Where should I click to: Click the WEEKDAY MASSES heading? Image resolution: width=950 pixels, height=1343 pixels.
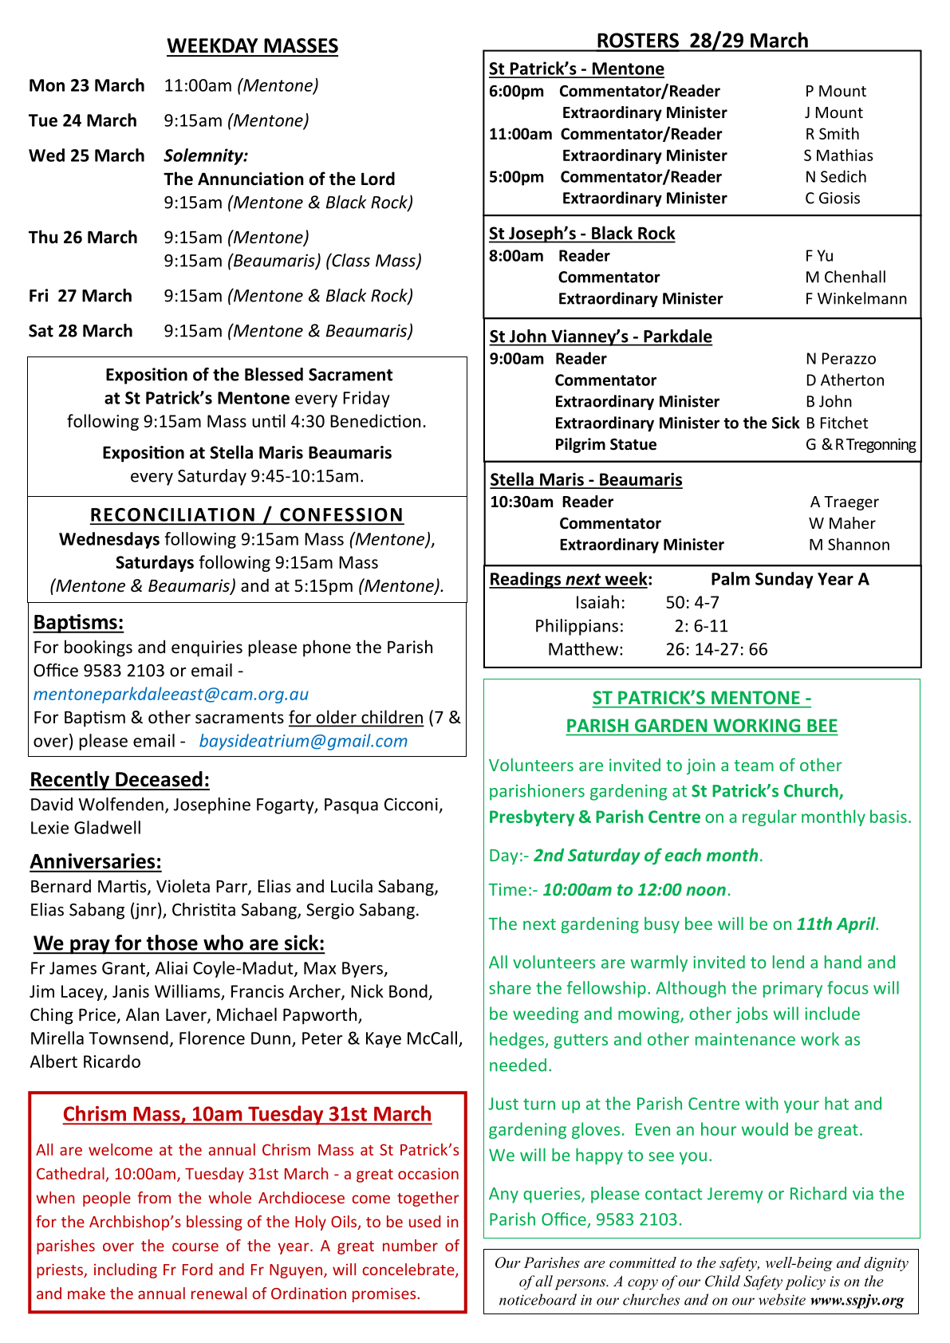pos(252,46)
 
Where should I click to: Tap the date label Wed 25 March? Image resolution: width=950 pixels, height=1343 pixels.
pos(86,156)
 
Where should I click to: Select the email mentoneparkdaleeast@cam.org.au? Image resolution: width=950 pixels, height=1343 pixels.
pos(171,694)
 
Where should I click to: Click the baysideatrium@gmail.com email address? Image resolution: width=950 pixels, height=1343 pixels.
pos(303,741)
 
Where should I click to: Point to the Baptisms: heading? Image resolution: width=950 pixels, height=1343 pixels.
pos(78,622)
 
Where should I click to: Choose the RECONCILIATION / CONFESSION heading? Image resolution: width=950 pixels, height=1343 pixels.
pos(246,515)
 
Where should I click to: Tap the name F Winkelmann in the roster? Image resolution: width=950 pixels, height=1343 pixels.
pos(855,299)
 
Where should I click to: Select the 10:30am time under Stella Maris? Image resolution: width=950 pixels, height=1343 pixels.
pos(521,502)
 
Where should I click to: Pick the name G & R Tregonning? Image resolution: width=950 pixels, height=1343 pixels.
pos(860,445)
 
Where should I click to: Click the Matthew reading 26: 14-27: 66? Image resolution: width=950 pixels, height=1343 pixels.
pos(716,649)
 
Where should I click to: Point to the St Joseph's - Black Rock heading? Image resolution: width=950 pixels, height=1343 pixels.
pos(581,234)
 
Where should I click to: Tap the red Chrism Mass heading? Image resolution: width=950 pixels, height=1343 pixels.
pos(247,1114)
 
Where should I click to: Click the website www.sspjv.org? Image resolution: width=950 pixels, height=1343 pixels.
pos(856,1300)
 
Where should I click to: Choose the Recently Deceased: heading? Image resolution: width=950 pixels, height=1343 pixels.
pos(120,779)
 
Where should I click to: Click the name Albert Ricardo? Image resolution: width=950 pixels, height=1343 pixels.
pos(85,1061)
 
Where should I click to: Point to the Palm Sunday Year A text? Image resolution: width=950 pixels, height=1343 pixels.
pos(789,579)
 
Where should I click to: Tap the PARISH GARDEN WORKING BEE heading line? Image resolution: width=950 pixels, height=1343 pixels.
pos(701,726)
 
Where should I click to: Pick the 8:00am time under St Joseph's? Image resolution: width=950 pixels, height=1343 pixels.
pos(516,256)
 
